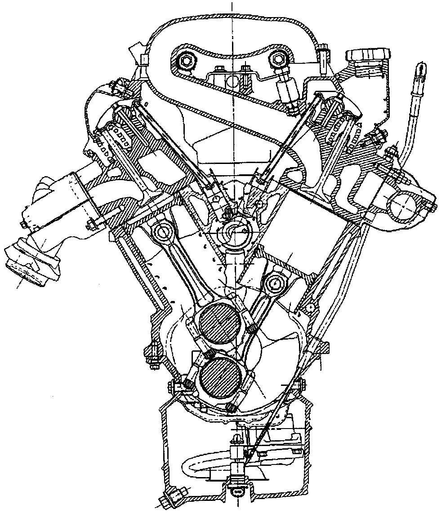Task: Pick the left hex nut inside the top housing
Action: (185, 60)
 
